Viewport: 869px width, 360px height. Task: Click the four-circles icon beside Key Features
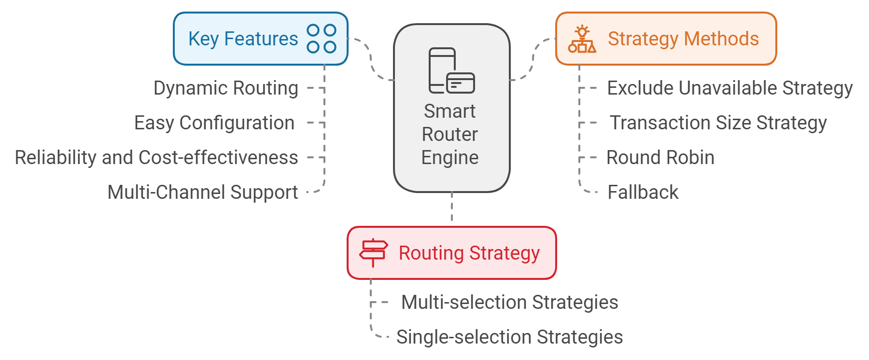pyautogui.click(x=322, y=39)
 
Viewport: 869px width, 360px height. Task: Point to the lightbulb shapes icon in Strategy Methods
pyautogui.click(x=582, y=39)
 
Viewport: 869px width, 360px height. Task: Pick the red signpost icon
pyautogui.click(x=373, y=252)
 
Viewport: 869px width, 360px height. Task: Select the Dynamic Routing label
pyautogui.click(x=226, y=88)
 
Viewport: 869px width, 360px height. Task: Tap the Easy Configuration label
pyautogui.click(x=214, y=123)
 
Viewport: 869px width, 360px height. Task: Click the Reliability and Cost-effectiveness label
pyautogui.click(x=156, y=158)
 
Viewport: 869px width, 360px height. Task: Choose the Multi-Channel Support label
pyautogui.click(x=202, y=193)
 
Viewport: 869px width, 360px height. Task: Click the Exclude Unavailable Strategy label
pyautogui.click(x=729, y=88)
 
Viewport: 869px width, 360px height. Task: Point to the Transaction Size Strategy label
pyautogui.click(x=718, y=123)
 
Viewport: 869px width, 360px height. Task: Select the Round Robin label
pyautogui.click(x=660, y=158)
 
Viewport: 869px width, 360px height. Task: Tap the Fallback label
pyautogui.click(x=643, y=193)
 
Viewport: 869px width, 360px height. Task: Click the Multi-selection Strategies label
pyautogui.click(x=509, y=303)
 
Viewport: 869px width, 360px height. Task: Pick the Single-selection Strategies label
pyautogui.click(x=509, y=337)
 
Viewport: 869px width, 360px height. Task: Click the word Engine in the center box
pyautogui.click(x=449, y=158)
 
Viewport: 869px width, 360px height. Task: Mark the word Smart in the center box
pyautogui.click(x=449, y=111)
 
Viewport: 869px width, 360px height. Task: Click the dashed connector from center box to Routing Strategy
pyautogui.click(x=452, y=208)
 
